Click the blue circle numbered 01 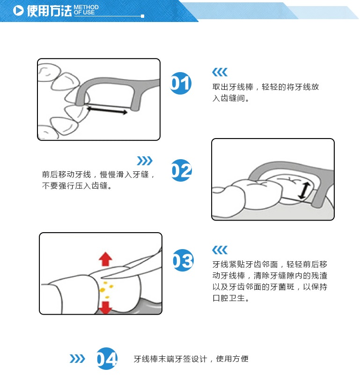pyautogui.click(x=181, y=83)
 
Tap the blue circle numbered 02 pyautogui.click(x=182, y=170)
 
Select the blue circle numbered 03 pyautogui.click(x=183, y=260)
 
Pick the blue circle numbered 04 pyautogui.click(x=107, y=359)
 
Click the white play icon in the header pyautogui.click(x=18, y=10)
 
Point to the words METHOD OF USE pyautogui.click(x=86, y=10)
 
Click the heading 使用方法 pyautogui.click(x=49, y=11)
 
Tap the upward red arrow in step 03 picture pyautogui.click(x=105, y=259)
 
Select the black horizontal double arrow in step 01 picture pyautogui.click(x=107, y=110)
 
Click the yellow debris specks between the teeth pyautogui.click(x=106, y=289)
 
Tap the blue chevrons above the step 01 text pyautogui.click(x=220, y=72)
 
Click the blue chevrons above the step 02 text pyautogui.click(x=145, y=161)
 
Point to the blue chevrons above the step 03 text pyautogui.click(x=220, y=250)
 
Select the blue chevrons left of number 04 pyautogui.click(x=77, y=359)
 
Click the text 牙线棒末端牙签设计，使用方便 pyautogui.click(x=191, y=359)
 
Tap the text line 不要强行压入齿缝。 pyautogui.click(x=77, y=185)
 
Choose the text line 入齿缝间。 pyautogui.click(x=231, y=98)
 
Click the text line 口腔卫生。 pyautogui.click(x=231, y=298)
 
